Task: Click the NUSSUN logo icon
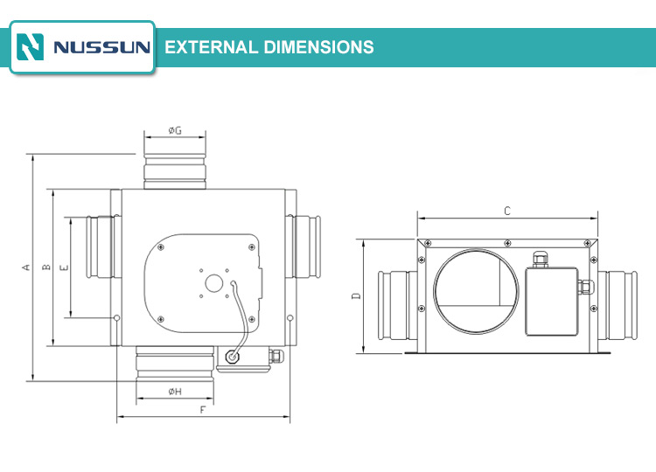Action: (30, 47)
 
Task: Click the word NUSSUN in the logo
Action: (101, 47)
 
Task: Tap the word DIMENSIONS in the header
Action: (319, 47)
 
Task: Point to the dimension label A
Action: (26, 267)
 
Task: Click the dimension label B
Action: (46, 267)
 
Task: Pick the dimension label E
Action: (65, 267)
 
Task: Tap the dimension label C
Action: (507, 212)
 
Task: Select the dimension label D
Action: (357, 296)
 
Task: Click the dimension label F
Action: (203, 410)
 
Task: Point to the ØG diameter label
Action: (175, 130)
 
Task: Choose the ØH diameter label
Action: (175, 392)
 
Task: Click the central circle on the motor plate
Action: (213, 283)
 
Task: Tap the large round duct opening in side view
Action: (476, 291)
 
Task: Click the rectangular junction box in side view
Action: (552, 302)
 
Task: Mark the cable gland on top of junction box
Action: (541, 260)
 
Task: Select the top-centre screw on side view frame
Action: (507, 243)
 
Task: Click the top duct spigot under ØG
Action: (175, 172)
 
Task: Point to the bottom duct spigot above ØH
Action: (175, 364)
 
